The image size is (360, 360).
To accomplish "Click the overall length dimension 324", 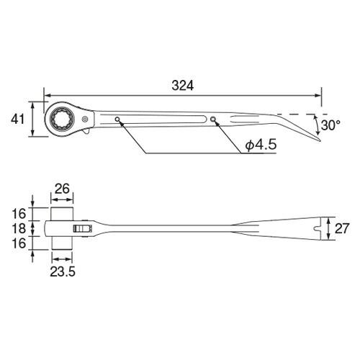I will [183, 85].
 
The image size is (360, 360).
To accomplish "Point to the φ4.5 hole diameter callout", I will [261, 145].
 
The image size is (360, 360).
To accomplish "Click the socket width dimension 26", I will [62, 189].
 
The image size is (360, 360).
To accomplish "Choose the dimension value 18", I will [19, 228].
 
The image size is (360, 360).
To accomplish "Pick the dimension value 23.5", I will [62, 271].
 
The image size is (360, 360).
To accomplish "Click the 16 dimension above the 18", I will [19, 213].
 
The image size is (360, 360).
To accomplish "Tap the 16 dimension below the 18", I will [19, 244].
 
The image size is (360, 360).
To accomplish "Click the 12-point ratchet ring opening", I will [60, 117].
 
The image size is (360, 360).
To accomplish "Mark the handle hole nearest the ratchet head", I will [117, 119].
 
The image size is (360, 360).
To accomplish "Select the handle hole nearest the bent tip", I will [214, 120].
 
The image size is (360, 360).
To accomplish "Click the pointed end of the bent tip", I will [320, 139].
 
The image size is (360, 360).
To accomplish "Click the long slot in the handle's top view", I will [166, 120].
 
